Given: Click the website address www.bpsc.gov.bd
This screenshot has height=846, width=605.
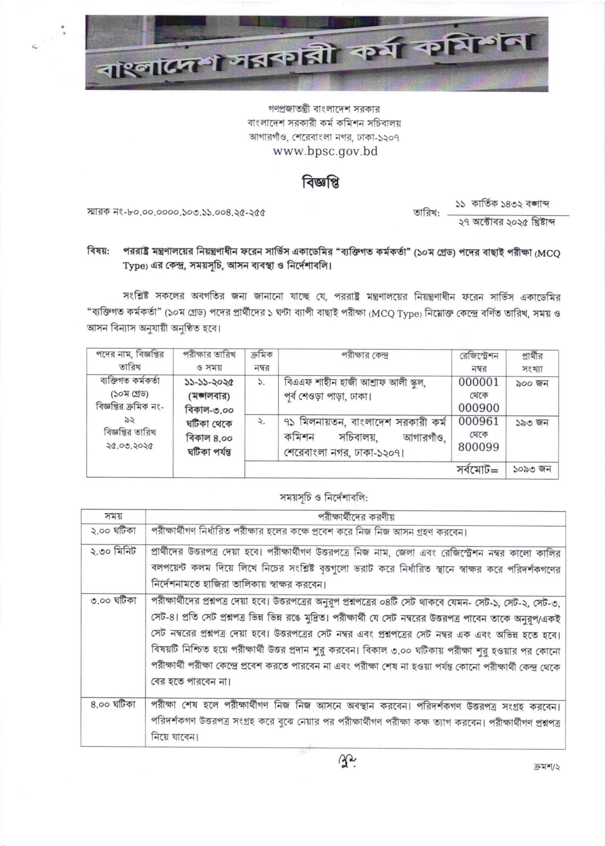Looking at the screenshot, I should pyautogui.click(x=325, y=151).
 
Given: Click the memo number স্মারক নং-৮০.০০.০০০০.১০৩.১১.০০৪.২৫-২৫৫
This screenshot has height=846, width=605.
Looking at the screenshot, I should pyautogui.click(x=176, y=213).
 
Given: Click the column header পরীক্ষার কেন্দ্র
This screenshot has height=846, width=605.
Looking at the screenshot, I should pyautogui.click(x=365, y=356).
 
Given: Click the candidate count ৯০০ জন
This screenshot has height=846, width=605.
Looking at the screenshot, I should pyautogui.click(x=532, y=383).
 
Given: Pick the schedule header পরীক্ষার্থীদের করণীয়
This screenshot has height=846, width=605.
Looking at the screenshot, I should pyautogui.click(x=356, y=517).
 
